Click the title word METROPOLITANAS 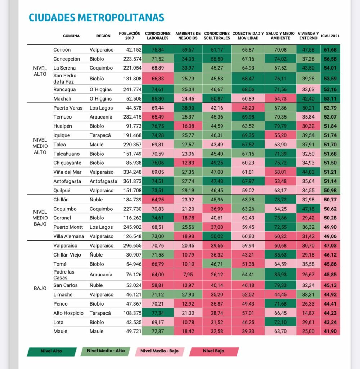[121, 18]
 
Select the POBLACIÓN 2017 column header [130, 36]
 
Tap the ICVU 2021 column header [330, 36]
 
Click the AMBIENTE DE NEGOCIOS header [188, 36]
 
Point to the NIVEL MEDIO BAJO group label [40, 218]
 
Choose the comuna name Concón [62, 50]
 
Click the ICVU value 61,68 [330, 50]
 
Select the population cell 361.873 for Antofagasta [132, 181]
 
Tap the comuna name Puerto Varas [68, 108]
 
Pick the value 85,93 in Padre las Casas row [280, 274]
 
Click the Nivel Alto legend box [51, 351]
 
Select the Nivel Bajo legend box [214, 351]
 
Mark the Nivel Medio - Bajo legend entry [159, 351]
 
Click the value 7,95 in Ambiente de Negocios [188, 274]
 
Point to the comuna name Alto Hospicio [68, 313]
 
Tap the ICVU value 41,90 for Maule [330, 331]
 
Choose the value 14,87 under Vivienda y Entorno [308, 313]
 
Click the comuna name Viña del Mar [67, 172]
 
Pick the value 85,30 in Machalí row [158, 99]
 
